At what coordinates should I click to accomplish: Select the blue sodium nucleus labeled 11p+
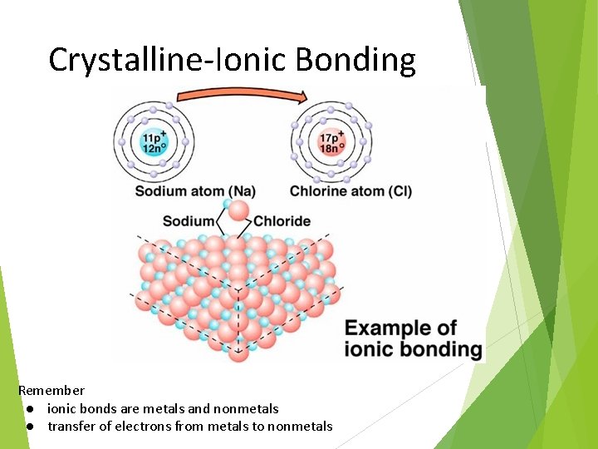153,143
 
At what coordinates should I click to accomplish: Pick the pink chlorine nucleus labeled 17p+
331,142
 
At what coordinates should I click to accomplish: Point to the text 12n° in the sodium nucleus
153,149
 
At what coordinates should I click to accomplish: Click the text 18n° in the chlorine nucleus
331,148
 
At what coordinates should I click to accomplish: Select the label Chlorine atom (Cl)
350,192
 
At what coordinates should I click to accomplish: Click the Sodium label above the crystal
188,221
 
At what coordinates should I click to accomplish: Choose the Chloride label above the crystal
282,221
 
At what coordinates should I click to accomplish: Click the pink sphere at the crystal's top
238,210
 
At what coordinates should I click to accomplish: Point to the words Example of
400,328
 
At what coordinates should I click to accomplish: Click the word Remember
51,390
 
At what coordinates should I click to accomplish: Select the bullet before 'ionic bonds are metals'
29,409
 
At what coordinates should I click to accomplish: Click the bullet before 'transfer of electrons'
29,427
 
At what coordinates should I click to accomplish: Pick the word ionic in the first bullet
61,409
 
